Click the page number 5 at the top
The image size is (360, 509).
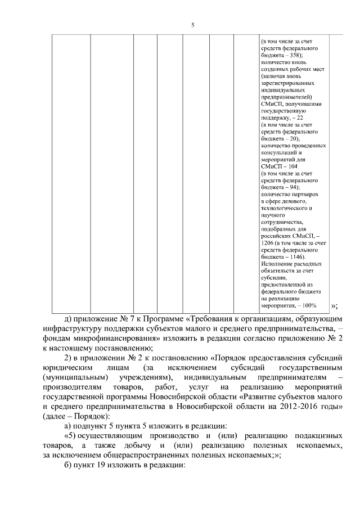pos(192,25)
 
